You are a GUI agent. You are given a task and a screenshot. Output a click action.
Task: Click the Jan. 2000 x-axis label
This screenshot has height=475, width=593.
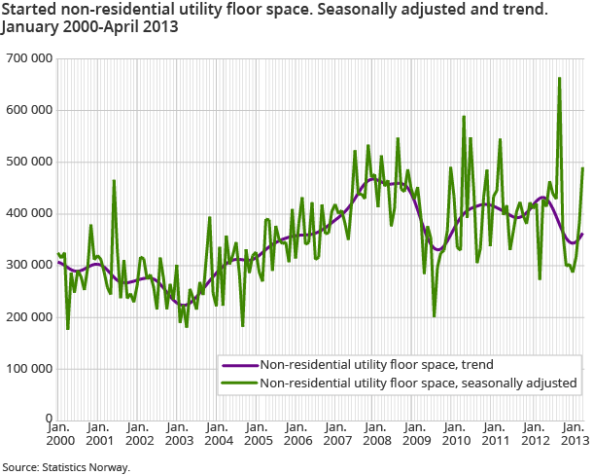click(x=57, y=434)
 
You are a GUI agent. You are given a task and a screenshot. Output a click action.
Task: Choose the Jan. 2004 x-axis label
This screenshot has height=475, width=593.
click(x=217, y=434)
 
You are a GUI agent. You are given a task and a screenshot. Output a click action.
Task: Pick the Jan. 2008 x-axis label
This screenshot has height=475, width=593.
click(x=376, y=434)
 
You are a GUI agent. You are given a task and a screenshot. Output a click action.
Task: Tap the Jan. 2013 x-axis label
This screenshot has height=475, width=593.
click(x=574, y=434)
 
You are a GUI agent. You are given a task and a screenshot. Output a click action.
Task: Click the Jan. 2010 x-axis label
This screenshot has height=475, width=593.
click(x=456, y=434)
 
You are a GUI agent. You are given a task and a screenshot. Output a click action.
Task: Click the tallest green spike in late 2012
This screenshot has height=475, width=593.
click(x=559, y=79)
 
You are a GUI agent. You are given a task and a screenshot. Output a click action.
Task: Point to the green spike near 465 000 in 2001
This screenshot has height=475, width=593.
click(x=114, y=181)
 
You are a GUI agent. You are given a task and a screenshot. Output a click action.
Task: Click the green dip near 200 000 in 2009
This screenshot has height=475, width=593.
click(x=434, y=316)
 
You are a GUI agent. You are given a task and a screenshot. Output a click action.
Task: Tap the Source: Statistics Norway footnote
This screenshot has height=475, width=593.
click(x=65, y=467)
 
